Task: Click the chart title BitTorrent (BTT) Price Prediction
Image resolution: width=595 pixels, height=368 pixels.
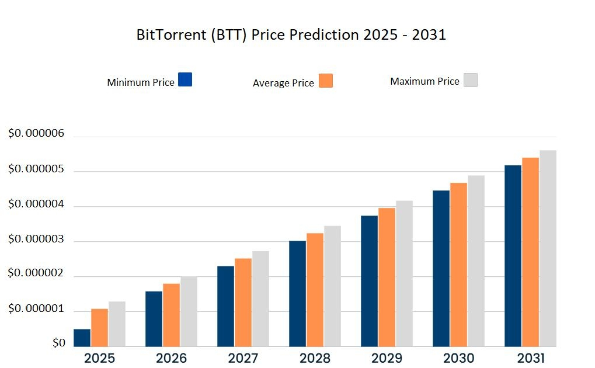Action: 291,35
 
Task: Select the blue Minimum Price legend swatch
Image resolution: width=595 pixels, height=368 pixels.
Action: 185,79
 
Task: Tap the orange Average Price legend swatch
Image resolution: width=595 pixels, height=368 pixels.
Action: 326,81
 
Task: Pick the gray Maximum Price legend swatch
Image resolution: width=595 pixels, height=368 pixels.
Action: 471,80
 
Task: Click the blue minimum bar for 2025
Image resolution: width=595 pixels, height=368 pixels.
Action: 82,338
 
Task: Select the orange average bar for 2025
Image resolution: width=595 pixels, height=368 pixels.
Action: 100,327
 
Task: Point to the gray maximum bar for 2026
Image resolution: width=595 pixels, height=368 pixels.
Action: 189,311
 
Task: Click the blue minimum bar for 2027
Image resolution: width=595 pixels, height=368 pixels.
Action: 226,306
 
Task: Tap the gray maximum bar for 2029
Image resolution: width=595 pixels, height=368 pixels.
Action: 405,273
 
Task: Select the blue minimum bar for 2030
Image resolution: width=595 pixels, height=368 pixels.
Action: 441,268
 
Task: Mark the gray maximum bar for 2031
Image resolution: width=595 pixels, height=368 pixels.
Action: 548,248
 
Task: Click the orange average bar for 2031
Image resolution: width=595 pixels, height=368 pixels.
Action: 530,252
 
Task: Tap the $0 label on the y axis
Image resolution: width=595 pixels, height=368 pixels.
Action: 59,343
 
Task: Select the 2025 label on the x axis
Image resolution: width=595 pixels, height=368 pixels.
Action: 100,358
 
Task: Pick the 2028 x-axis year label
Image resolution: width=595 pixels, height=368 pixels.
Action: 315,358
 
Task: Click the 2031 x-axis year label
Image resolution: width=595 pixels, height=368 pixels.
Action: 530,358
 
